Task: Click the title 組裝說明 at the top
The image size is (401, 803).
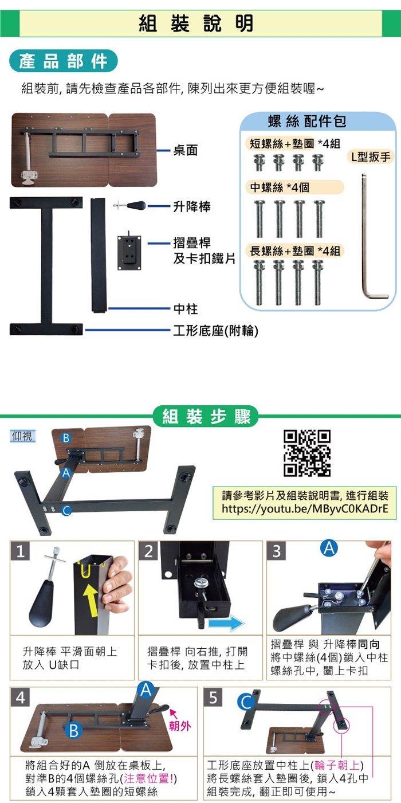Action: point(196,23)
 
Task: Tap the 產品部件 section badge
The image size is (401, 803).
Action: point(64,61)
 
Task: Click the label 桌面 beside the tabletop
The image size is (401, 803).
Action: point(186,150)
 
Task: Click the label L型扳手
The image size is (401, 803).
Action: point(370,156)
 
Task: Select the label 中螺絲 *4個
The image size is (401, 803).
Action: point(280,187)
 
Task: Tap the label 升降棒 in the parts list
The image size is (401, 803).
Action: point(192,206)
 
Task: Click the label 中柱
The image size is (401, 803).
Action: point(186,309)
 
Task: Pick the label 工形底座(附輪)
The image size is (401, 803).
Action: point(215,331)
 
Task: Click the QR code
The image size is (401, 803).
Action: point(307,453)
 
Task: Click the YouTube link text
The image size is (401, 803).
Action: point(305,509)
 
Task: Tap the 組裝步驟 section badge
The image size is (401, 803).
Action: point(206,416)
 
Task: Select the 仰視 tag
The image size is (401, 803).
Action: point(22,436)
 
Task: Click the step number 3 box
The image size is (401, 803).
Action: point(276,551)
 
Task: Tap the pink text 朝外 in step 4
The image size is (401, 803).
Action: point(180,726)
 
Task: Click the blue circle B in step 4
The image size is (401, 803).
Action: point(74,730)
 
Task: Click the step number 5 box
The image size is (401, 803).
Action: point(213,697)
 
